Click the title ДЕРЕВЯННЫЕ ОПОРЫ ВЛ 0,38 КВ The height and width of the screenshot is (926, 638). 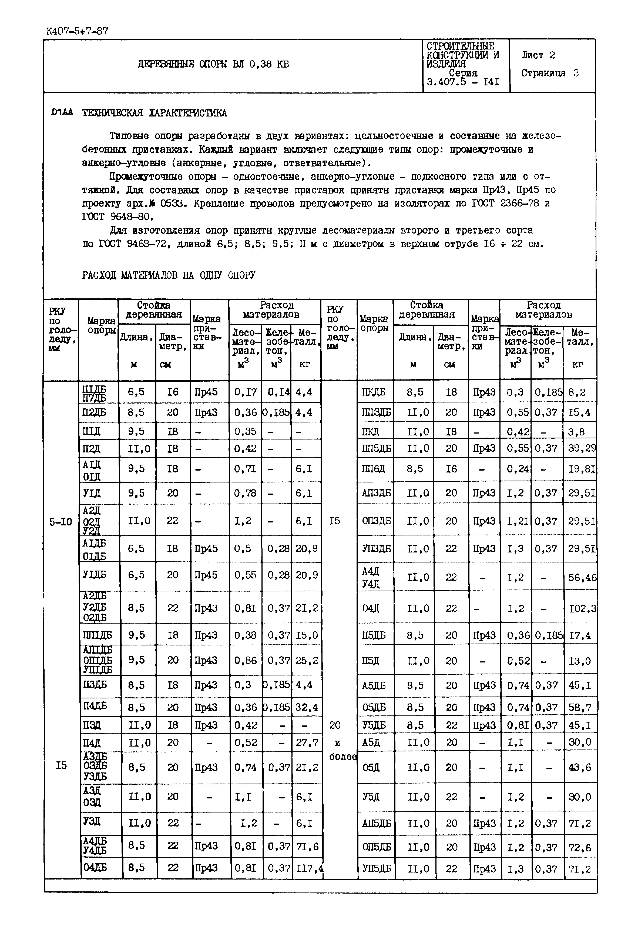(213, 64)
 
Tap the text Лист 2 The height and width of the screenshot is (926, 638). (538, 55)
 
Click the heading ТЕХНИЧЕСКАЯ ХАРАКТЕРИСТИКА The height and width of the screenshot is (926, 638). (154, 113)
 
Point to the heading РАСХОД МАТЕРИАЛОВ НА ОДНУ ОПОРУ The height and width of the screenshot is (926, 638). (169, 275)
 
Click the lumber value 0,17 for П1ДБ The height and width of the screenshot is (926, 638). (245, 392)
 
